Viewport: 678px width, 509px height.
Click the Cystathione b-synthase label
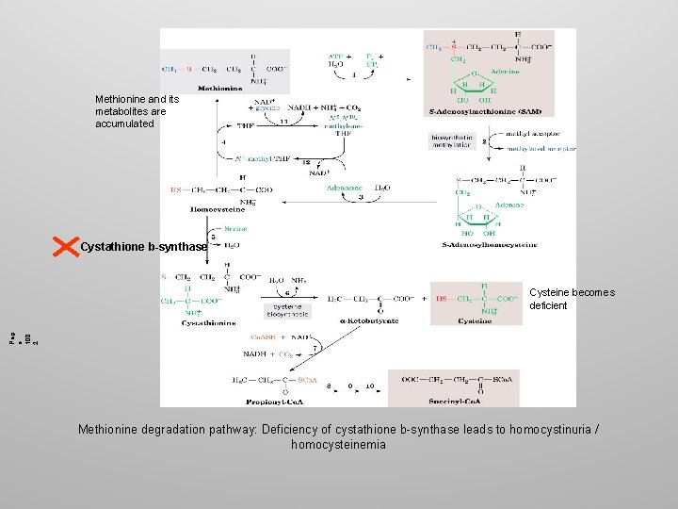tap(143, 247)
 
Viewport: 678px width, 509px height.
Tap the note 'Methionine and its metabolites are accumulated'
tap(124, 110)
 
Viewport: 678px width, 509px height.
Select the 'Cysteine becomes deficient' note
tap(572, 299)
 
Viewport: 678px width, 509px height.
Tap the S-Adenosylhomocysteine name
tap(490, 244)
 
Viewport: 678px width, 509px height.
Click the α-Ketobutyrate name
tap(367, 320)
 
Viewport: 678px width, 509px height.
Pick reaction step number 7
tap(314, 349)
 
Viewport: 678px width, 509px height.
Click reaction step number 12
tap(306, 162)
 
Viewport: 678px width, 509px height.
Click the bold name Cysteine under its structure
tap(476, 320)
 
